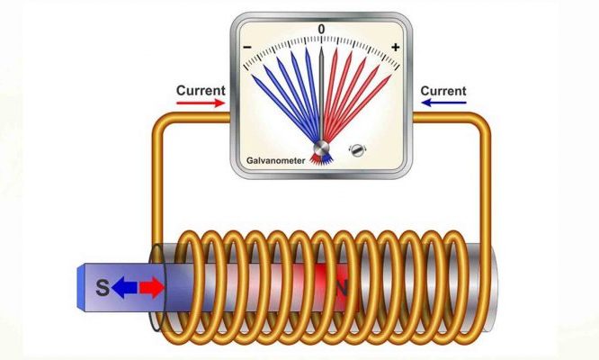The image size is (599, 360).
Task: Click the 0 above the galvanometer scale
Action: tap(321, 30)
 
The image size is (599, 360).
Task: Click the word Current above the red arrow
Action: tap(201, 90)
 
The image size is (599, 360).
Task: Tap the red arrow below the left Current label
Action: tap(201, 103)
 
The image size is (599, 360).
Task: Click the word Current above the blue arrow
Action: tap(443, 90)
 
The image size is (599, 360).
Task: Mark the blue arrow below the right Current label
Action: tap(443, 103)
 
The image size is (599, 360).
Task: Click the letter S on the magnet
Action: tap(103, 288)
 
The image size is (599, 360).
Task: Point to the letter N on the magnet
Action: tap(342, 288)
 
